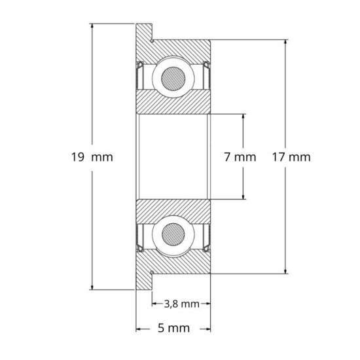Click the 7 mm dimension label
pos(238,157)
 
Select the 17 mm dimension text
pos(289,157)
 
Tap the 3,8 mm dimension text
pos(181,304)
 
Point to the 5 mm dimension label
pos(173,327)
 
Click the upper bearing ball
pos(173,77)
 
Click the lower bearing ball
pos(173,234)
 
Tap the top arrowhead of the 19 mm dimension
pos(92,27)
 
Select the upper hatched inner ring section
pos(173,102)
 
